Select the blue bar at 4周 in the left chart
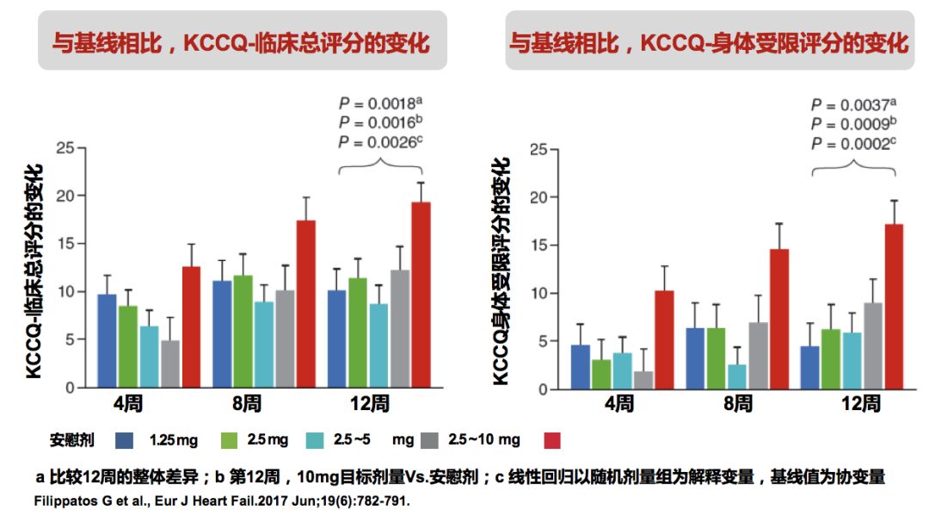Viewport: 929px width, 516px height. pos(107,340)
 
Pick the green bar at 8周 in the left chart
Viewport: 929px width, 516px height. pos(243,331)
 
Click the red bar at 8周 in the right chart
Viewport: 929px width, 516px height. pos(778,319)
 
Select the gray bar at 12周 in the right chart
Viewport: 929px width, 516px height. pos(872,345)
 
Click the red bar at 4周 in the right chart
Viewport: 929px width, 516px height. pos(663,339)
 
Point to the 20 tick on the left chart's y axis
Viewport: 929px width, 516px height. pos(65,196)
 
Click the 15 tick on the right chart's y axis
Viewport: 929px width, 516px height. pos(538,245)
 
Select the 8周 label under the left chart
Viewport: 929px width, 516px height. pos(246,402)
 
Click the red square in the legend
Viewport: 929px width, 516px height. pos(553,440)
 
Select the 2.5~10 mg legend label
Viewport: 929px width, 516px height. pos(484,440)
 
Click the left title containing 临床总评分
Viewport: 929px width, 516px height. pos(242,42)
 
